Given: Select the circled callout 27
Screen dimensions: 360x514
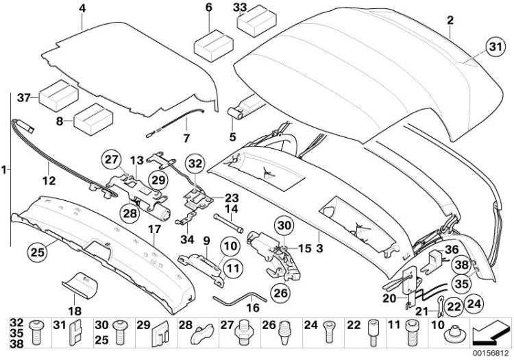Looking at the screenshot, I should tap(112, 160).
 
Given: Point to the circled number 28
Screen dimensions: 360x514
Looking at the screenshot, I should tap(130, 213).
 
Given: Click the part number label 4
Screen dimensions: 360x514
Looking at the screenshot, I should tap(82, 8).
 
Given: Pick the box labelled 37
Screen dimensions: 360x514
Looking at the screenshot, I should tap(58, 97).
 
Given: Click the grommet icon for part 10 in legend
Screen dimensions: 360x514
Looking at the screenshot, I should tap(455, 332).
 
